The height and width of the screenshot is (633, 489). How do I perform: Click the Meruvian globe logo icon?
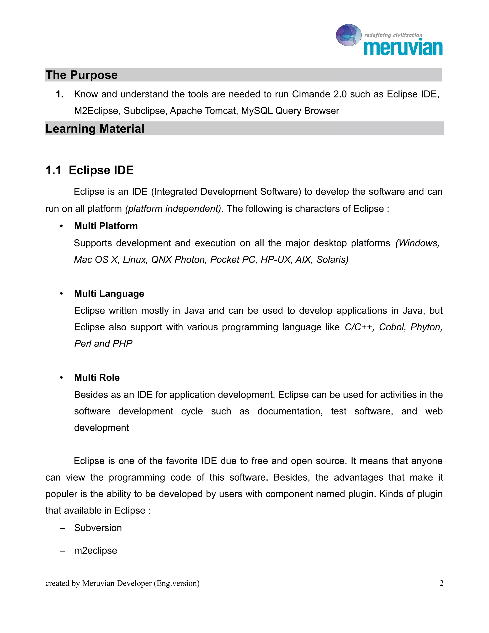coord(349,35)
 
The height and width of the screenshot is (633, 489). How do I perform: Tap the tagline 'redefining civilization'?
coord(393,35)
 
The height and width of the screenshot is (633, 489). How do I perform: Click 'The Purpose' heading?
coord(81,75)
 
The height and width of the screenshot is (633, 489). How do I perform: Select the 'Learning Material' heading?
coord(95,129)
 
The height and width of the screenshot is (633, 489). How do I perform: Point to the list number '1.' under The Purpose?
coord(60,94)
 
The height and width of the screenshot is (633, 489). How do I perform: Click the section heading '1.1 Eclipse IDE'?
coord(90,170)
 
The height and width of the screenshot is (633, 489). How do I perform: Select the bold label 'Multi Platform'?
coord(106,226)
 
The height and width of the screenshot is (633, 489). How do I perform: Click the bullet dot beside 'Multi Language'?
coord(61,294)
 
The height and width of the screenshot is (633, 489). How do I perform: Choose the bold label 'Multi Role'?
coord(97,378)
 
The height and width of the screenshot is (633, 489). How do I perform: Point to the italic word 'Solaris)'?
coord(332,260)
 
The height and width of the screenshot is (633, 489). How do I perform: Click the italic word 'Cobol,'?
coord(393,327)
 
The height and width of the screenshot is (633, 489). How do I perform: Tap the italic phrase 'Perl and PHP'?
coord(103,344)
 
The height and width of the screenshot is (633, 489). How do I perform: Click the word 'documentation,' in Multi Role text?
coord(290,411)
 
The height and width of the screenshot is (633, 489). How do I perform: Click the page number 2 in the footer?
coord(441,583)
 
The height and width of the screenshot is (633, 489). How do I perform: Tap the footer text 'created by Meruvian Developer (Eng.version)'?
coord(122,583)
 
